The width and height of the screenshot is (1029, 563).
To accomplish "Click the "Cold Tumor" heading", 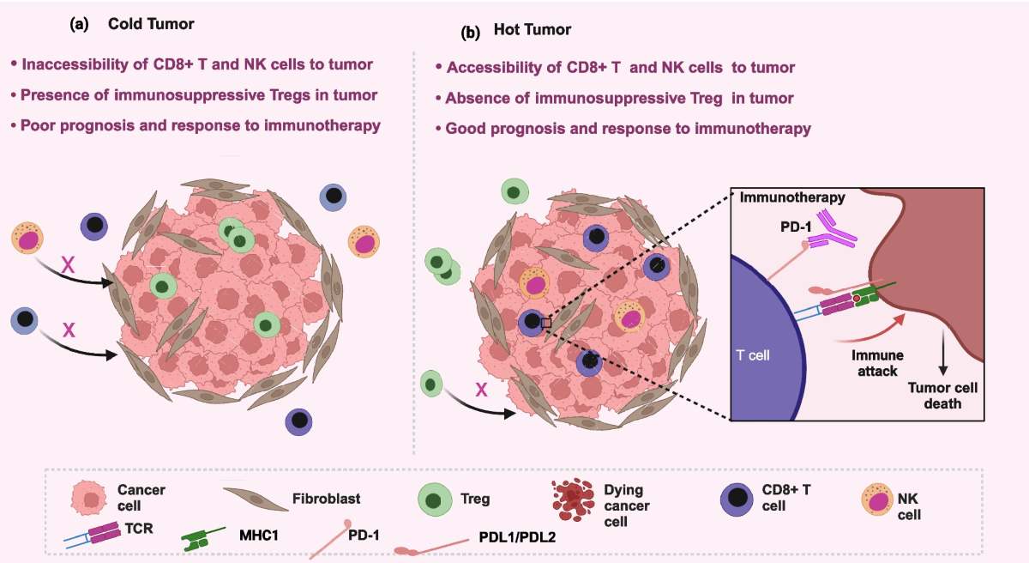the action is click(151, 24).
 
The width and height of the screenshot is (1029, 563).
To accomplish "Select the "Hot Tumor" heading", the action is click(532, 30).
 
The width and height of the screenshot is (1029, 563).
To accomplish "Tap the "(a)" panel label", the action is click(79, 24).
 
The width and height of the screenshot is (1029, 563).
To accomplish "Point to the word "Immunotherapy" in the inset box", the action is click(792, 197).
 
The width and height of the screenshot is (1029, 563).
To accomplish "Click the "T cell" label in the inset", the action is click(753, 355).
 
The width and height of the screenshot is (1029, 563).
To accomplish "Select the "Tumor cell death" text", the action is click(942, 396).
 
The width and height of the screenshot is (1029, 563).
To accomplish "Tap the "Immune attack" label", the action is click(877, 363).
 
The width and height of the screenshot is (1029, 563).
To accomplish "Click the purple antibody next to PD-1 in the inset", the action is click(832, 230).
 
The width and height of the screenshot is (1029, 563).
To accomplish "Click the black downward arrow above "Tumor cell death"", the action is click(943, 352).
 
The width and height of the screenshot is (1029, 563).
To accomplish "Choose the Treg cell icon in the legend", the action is click(435, 499).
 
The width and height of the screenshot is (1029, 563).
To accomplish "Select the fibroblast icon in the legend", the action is click(256, 499).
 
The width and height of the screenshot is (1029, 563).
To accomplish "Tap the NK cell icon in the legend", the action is click(877, 499).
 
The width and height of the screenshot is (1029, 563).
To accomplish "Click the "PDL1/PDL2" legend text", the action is click(517, 537).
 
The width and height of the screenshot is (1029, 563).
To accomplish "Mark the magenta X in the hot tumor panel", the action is click(481, 390).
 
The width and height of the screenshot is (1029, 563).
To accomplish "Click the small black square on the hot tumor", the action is click(546, 323).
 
